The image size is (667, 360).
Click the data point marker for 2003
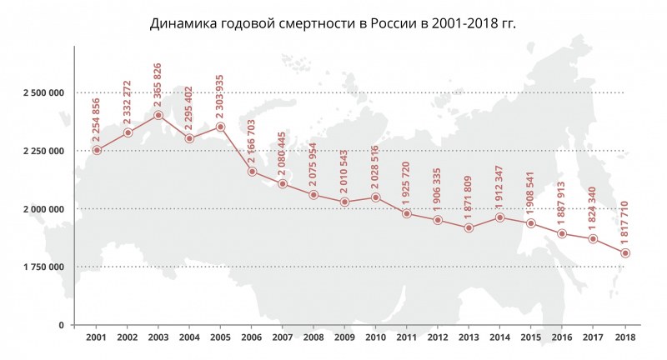tap(158, 115)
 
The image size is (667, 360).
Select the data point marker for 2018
tap(625, 252)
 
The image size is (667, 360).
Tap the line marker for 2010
tap(375, 197)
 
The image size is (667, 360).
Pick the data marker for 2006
tap(252, 172)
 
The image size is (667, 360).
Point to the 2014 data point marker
tap(500, 217)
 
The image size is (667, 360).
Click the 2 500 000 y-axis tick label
tap(44, 92)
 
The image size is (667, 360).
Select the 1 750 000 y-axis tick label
tap(44, 267)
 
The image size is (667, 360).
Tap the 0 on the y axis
tap(62, 325)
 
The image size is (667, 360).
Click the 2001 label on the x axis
tap(97, 337)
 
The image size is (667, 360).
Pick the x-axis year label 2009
tap(345, 337)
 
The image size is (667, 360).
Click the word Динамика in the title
tap(181, 23)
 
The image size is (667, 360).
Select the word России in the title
tap(396, 23)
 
